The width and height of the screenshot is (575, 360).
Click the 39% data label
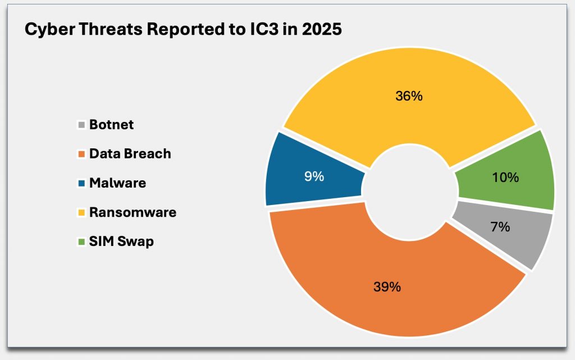point(387,287)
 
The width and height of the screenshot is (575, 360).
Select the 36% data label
point(408,96)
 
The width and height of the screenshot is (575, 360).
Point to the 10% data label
point(505,177)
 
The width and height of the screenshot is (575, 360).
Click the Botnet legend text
point(111,125)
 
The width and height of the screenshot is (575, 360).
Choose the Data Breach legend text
point(130,154)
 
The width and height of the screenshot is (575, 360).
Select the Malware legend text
point(117,183)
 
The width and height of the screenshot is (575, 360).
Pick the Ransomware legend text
point(133,212)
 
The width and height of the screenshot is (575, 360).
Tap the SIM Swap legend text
point(121,241)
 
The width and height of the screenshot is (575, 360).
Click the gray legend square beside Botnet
point(81,125)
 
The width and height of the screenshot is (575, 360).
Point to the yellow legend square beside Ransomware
point(81,213)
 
